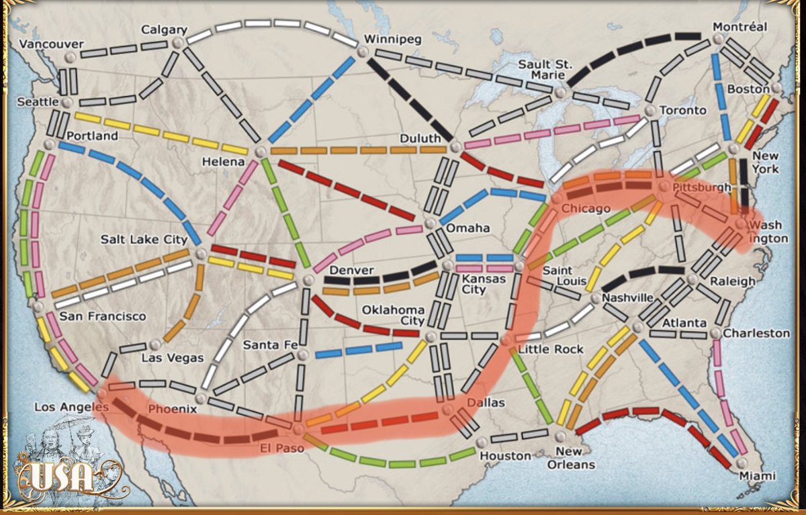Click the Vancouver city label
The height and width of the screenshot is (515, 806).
coord(51,44)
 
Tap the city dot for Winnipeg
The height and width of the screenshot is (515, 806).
coord(363,52)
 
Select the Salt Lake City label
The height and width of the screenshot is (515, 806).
coord(144,239)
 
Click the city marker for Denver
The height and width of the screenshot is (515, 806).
coord(308,279)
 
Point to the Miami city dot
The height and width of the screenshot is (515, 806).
coord(741,463)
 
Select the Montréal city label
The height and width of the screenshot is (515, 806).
coord(740,27)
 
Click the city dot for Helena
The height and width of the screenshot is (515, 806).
coord(260,152)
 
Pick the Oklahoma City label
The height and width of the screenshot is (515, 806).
coord(393,316)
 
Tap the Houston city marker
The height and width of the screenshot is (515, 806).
coord(481,442)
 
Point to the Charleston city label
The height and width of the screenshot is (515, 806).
coord(756,333)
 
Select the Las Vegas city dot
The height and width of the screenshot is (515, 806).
coord(156,344)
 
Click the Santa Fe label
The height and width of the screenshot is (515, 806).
coord(270,344)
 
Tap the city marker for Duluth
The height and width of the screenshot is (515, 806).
coord(456,146)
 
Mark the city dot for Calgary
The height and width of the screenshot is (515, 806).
coord(177,43)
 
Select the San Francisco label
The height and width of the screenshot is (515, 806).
coord(102,316)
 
